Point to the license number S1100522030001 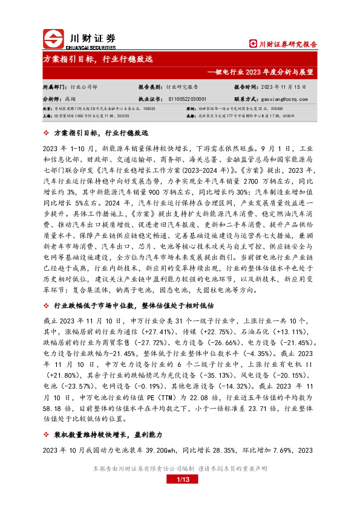[x=186, y=99]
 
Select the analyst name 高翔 [x=70, y=99]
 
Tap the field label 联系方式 [x=245, y=99]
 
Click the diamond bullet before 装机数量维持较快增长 [x=48, y=435]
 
